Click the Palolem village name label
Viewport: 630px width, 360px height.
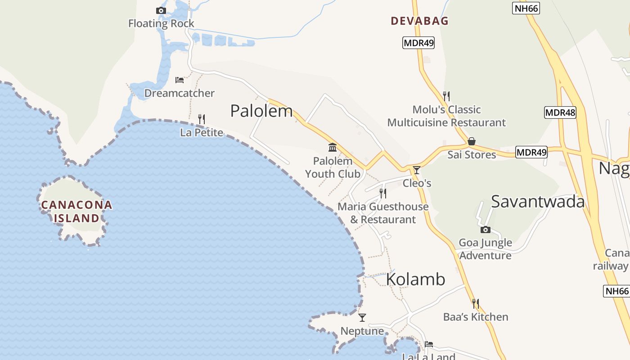(261, 111)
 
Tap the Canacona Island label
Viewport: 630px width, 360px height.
(76, 211)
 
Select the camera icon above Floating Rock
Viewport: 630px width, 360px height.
(161, 10)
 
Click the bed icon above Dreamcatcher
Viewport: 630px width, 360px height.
(180, 80)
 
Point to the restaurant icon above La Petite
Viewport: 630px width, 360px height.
(202, 119)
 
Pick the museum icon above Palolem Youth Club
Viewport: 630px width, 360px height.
(333, 147)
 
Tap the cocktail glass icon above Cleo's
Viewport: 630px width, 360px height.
(417, 170)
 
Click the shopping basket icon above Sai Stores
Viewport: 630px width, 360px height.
(472, 141)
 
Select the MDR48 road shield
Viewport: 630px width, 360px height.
(560, 112)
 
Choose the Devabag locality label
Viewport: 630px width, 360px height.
(419, 21)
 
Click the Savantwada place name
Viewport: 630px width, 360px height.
(538, 202)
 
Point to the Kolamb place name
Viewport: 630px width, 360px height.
(415, 279)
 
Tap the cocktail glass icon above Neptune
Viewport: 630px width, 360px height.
(362, 318)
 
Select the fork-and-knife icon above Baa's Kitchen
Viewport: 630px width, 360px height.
(476, 304)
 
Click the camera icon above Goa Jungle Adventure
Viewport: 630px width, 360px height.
(485, 230)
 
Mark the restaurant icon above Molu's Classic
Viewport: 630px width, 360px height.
(446, 96)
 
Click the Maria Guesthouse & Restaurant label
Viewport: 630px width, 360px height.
(383, 213)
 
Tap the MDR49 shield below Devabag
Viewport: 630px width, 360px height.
(418, 43)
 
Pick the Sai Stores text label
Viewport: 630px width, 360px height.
(472, 155)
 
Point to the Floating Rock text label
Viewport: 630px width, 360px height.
(161, 23)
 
